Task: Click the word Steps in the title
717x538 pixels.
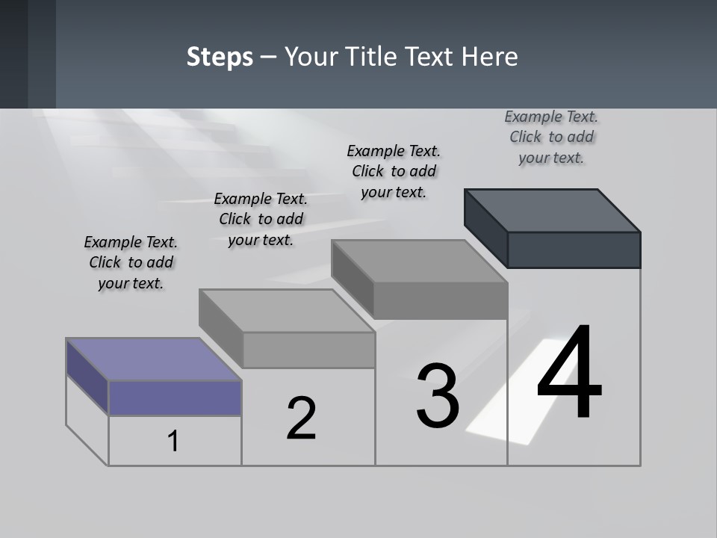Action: pos(220,57)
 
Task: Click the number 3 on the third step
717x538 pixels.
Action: pos(438,395)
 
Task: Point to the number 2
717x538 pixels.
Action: pos(301,418)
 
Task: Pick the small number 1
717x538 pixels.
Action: pos(173,441)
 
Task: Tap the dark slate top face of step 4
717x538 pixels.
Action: pos(552,210)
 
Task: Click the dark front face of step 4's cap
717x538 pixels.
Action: pos(574,250)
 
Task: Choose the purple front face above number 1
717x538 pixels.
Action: pos(175,398)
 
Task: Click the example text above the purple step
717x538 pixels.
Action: pos(131,262)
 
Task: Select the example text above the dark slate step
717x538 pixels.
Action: pos(551,137)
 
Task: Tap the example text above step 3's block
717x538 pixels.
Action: pos(394,171)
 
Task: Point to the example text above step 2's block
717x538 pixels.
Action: pos(261,219)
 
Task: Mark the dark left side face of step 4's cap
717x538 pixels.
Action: pos(485,224)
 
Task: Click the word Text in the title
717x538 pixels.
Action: pos(432,57)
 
